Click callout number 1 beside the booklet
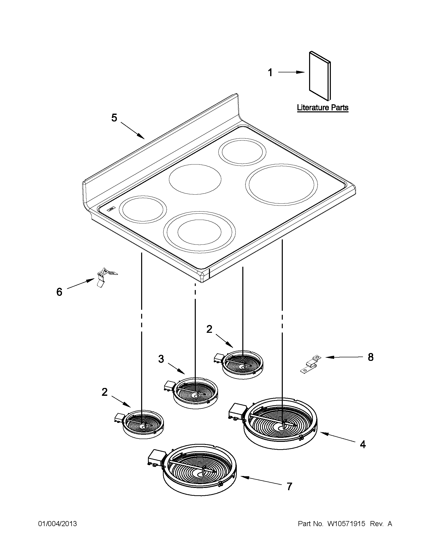tap(270, 73)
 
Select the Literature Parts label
tap(323, 108)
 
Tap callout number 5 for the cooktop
tap(114, 118)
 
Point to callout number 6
tap(59, 292)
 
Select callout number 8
tap(371, 357)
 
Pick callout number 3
tap(161, 359)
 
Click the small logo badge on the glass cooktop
tap(111, 209)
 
